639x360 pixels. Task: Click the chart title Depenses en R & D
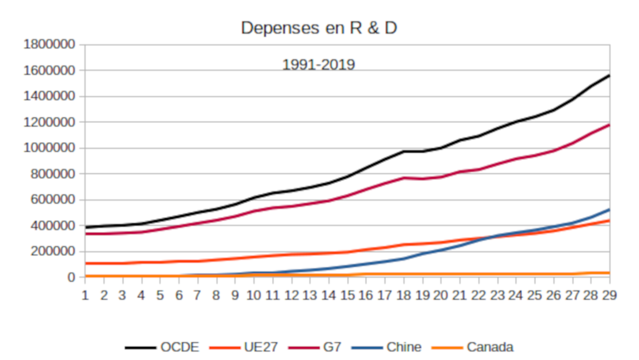tap(319, 27)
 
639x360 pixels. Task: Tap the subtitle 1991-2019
tap(319, 64)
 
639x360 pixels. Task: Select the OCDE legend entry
tap(162, 347)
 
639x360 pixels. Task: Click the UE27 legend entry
tap(244, 347)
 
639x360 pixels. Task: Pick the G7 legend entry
tap(315, 347)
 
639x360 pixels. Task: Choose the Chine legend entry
tap(386, 347)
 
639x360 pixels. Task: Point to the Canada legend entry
tap(472, 347)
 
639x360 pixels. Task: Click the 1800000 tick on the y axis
tap(49, 44)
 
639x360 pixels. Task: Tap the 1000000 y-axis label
tap(49, 147)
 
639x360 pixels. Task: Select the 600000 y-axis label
tap(53, 199)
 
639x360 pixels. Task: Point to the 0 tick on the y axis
tap(71, 277)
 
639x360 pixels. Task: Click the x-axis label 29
tap(609, 295)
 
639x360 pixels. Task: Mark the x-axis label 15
tap(347, 295)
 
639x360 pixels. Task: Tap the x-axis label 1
tap(85, 295)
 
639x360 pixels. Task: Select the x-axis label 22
tap(479, 295)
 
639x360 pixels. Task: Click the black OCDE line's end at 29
tap(609, 75)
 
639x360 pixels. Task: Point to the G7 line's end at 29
tap(609, 125)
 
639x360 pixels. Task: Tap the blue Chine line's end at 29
tap(609, 210)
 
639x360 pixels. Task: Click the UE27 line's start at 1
tap(85, 263)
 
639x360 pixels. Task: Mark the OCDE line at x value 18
tap(404, 151)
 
